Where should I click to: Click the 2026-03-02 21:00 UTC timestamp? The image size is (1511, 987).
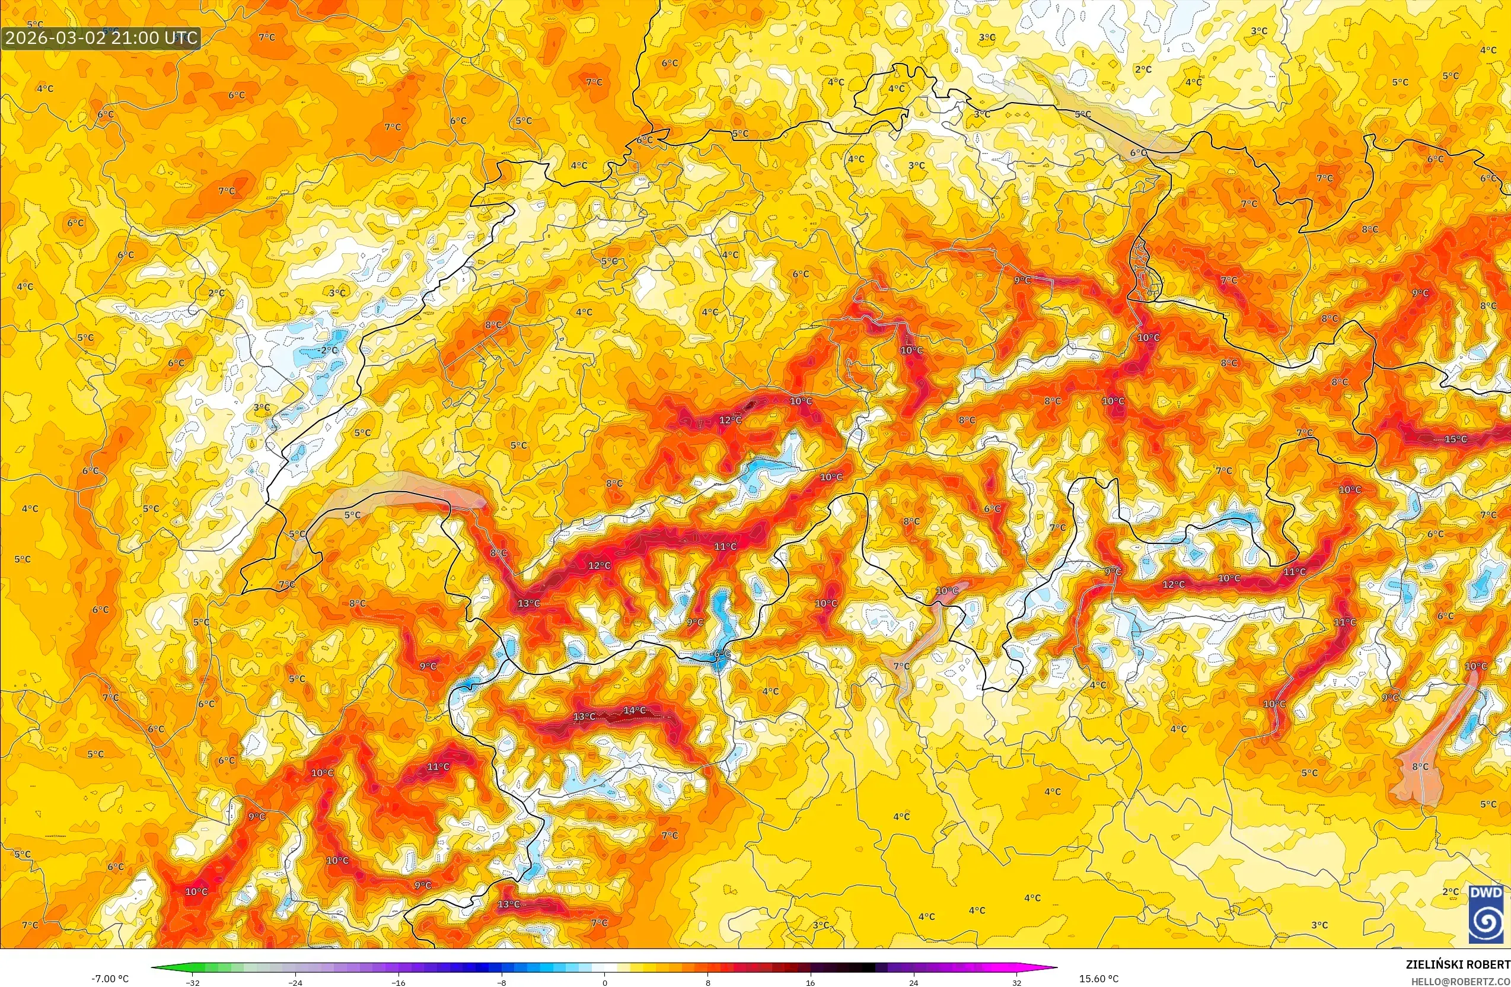click(x=101, y=37)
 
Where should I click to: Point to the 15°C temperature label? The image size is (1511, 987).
click(x=1456, y=439)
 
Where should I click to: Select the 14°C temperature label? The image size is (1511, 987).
click(x=635, y=710)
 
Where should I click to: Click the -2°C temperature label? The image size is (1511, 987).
click(x=327, y=350)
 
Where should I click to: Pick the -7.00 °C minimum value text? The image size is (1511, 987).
click(x=110, y=978)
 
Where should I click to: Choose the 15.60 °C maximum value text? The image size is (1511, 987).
click(x=1099, y=978)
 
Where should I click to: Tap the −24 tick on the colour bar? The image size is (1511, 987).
click(x=295, y=983)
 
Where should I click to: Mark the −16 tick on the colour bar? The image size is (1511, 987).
click(x=398, y=983)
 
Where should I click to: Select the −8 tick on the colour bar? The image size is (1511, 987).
click(x=502, y=983)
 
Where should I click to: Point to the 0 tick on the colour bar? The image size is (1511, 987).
click(x=604, y=983)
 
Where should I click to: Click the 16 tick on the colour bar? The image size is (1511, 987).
click(x=811, y=983)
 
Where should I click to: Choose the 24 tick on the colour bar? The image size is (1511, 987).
click(x=914, y=983)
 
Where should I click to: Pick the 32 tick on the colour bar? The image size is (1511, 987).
click(x=1016, y=983)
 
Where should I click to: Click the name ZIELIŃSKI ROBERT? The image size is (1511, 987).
click(x=1458, y=964)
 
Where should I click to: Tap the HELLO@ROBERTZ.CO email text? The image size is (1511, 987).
click(x=1460, y=980)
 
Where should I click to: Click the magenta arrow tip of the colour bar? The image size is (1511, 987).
click(x=1052, y=969)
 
